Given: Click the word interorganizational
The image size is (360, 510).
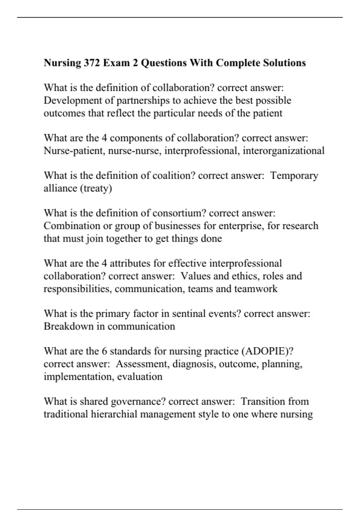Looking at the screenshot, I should pos(283,151).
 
